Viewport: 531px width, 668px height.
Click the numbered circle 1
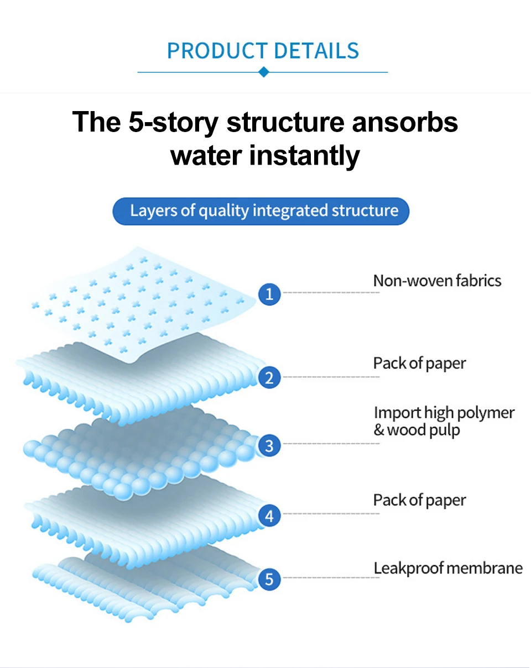pos(269,294)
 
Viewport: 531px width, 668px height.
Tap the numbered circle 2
pos(269,378)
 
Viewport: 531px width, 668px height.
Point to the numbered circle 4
pos(269,516)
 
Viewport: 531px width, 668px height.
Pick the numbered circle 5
pos(269,580)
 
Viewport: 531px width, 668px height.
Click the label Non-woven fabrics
pos(437,281)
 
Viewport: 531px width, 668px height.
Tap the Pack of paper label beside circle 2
pos(419,364)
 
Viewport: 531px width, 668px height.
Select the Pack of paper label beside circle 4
pos(419,501)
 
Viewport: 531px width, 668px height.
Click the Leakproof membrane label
pos(448,568)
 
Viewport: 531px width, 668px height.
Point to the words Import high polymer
pos(444,413)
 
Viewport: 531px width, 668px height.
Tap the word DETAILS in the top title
pos(316,51)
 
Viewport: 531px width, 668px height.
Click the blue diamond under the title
pos(264,72)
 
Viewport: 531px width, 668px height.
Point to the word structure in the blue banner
pos(365,211)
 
